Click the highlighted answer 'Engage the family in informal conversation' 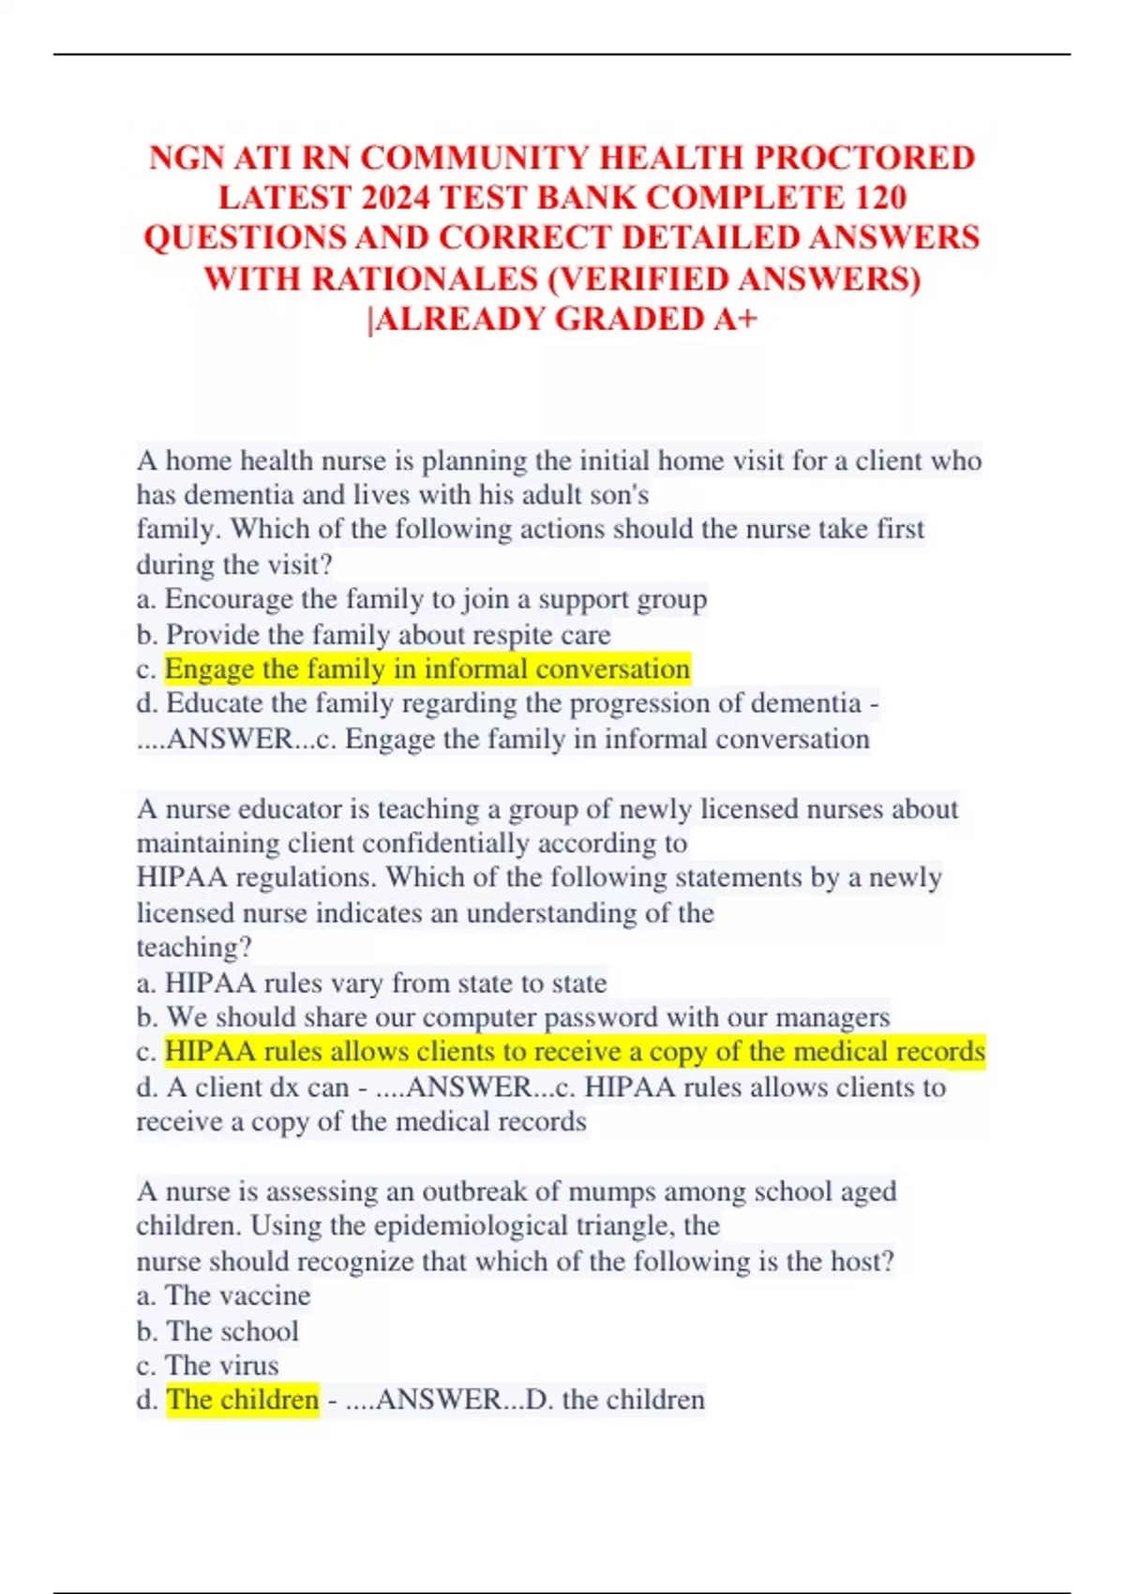coord(427,669)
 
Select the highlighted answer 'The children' coord(243,1399)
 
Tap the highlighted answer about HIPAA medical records coord(575,1051)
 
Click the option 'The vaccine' coord(237,1295)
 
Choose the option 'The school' coord(232,1331)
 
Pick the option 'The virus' coord(221,1365)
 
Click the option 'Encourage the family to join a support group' coord(436,598)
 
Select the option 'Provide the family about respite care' coord(388,634)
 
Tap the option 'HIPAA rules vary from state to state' coord(385,983)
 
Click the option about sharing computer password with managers coord(528,1017)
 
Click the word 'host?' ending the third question coord(862,1260)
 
